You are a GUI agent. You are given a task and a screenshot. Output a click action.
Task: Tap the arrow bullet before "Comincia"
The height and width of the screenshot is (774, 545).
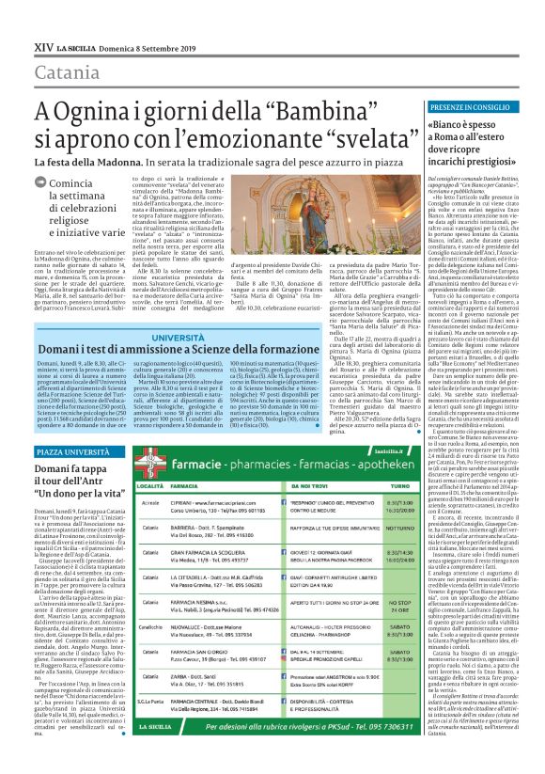click(x=54, y=184)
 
